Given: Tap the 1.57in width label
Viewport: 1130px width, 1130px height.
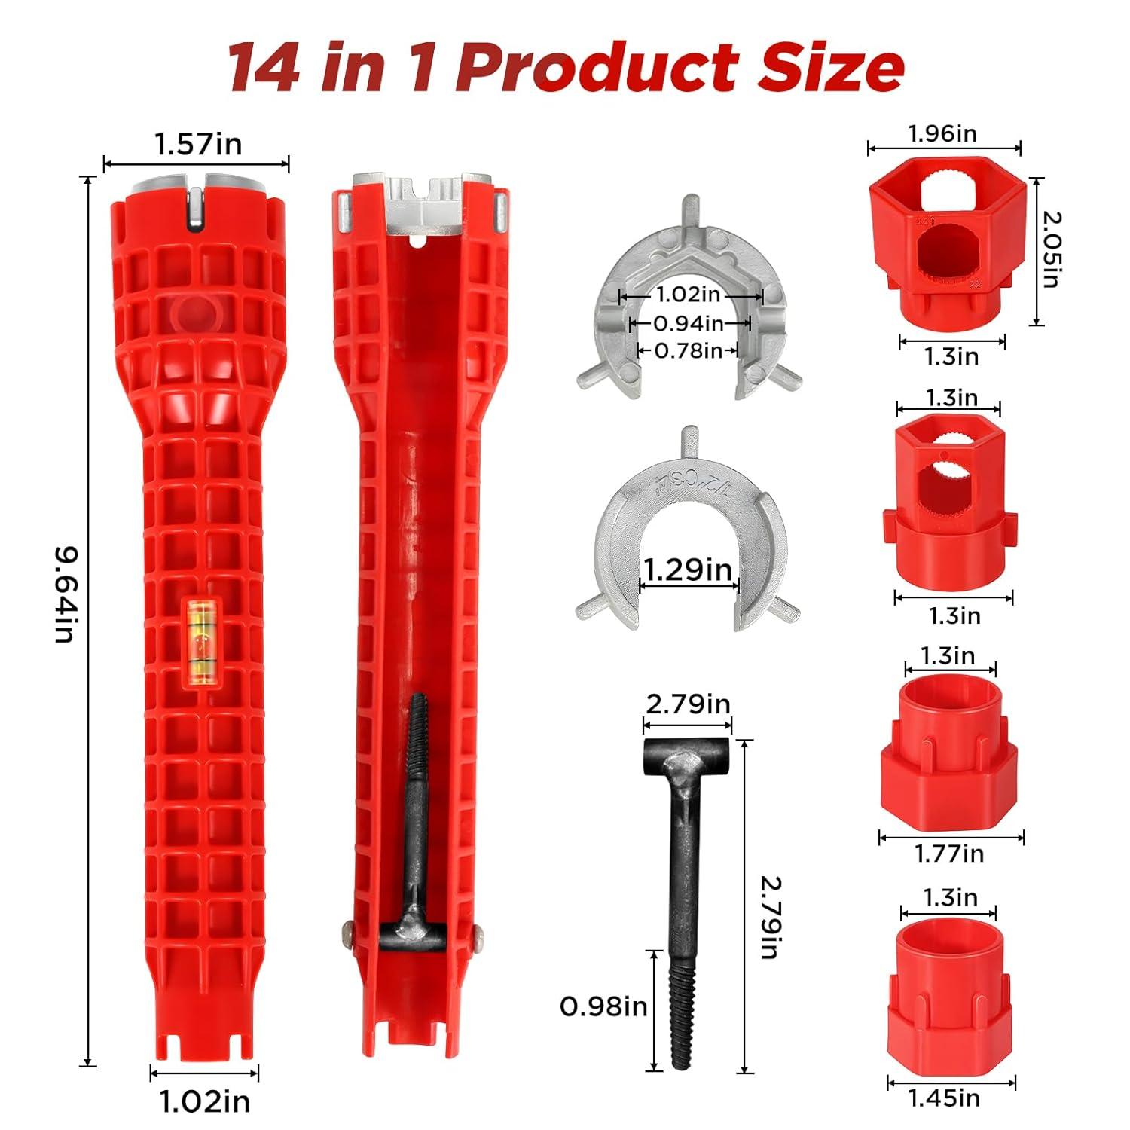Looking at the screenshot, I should [197, 143].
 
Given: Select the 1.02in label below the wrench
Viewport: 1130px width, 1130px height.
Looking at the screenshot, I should [204, 1101].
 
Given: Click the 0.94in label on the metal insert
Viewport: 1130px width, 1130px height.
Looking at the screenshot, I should [688, 324].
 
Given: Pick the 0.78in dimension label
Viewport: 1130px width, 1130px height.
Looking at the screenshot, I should [688, 350].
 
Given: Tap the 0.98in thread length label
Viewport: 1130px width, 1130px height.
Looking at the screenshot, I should [603, 1006].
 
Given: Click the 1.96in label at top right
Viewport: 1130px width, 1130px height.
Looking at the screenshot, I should [942, 133].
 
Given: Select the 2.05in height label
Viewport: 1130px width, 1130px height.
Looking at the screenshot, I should [1051, 249].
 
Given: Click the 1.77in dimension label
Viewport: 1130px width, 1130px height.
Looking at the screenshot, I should [949, 854].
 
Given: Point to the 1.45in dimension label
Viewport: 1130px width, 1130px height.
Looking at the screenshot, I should [944, 1098].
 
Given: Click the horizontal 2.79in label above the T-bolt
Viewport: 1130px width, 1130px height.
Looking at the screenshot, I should [688, 704].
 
